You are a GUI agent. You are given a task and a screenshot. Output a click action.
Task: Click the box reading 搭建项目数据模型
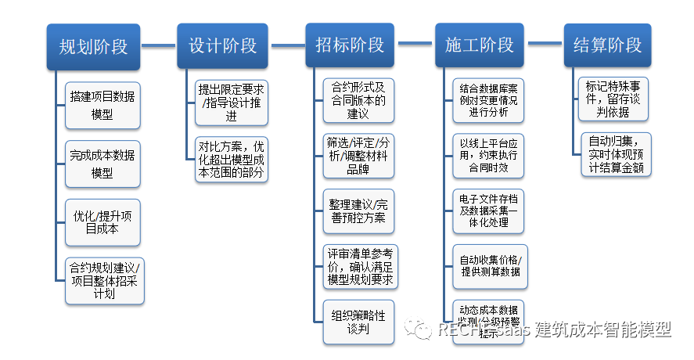pos(102,106)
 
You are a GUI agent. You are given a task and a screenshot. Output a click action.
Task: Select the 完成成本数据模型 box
pos(102,164)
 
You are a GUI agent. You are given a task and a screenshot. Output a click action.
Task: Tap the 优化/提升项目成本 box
pos(102,221)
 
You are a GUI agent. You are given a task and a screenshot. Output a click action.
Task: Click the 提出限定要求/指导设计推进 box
pos(232,102)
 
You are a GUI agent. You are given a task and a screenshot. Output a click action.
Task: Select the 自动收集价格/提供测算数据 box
pos(490,265)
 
